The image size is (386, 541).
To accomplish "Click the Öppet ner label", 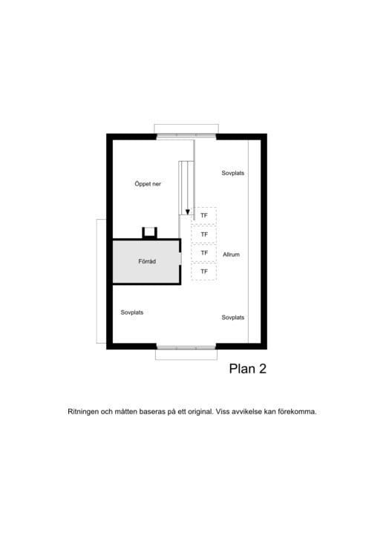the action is [148, 184].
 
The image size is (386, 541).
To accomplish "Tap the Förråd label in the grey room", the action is [147, 261].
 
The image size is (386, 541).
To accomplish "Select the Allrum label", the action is [231, 255].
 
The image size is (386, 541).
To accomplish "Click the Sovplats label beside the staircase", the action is [232, 173].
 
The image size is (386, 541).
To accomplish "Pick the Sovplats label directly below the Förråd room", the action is [132, 312].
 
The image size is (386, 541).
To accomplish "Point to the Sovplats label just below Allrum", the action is [232, 318].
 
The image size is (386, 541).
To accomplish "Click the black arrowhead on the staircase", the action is [188, 212].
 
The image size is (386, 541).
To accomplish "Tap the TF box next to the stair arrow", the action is [205, 215].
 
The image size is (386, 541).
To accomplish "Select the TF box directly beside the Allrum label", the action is [204, 253].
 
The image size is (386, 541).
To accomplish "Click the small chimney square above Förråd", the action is [149, 232].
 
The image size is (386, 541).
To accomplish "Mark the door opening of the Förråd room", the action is [180, 259].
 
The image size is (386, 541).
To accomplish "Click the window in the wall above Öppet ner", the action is [186, 137].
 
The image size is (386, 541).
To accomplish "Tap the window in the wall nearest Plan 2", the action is [186, 347].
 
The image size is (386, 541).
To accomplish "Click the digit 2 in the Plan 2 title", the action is [262, 369].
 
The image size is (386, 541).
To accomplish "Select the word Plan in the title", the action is [242, 369].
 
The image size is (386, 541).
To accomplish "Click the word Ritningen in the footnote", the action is [83, 412].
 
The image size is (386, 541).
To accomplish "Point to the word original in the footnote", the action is [200, 412].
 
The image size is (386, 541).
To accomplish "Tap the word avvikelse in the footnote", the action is [247, 412].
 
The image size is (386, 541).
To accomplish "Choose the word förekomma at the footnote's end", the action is [297, 412].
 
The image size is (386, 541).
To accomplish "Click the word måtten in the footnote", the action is [125, 412].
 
